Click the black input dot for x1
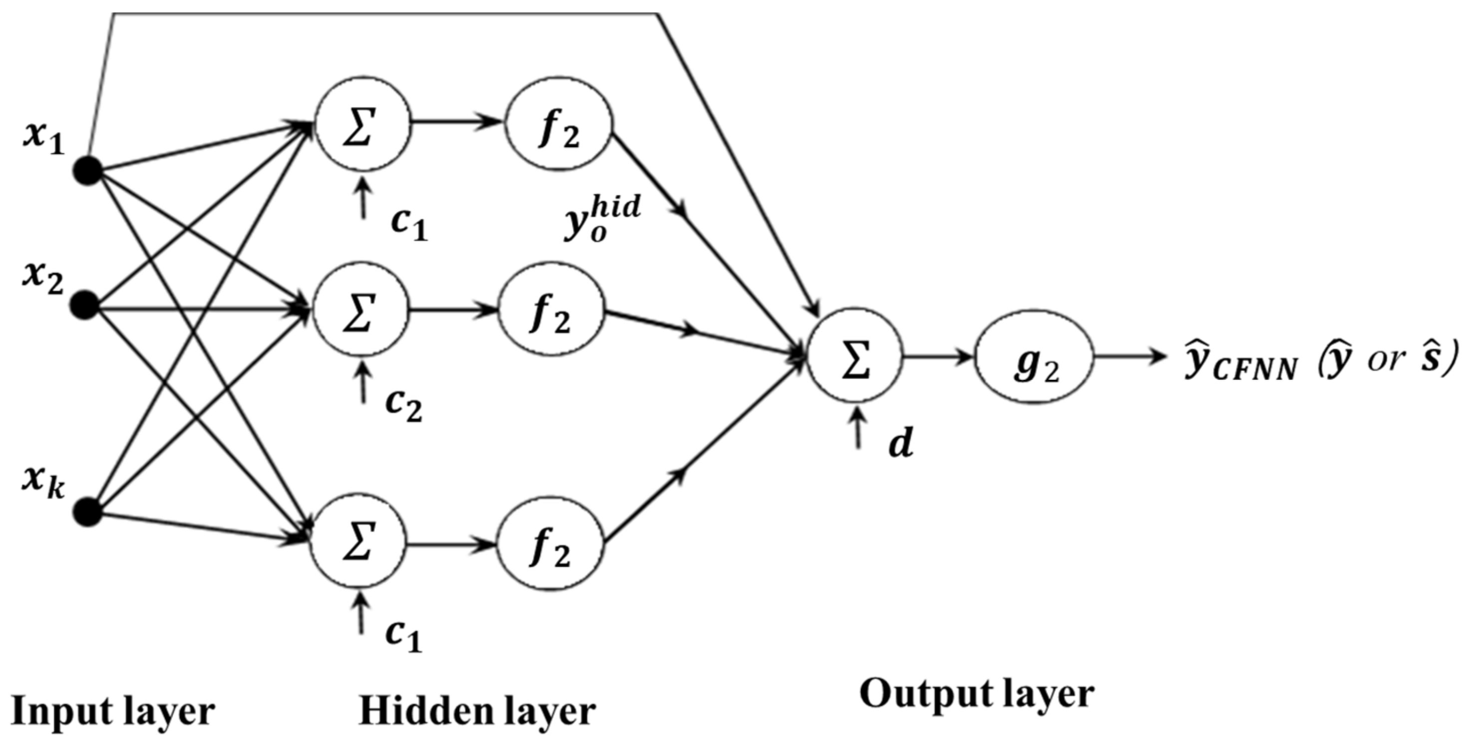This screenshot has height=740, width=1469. point(88,170)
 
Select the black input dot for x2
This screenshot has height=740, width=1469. point(86,305)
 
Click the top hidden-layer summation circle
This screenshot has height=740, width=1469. point(363,124)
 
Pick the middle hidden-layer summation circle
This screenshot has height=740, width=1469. point(361,310)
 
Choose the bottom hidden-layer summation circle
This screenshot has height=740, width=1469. point(358,540)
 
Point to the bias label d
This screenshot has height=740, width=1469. point(900,443)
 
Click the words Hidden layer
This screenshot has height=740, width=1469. point(477,712)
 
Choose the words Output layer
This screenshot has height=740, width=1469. point(976,695)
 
